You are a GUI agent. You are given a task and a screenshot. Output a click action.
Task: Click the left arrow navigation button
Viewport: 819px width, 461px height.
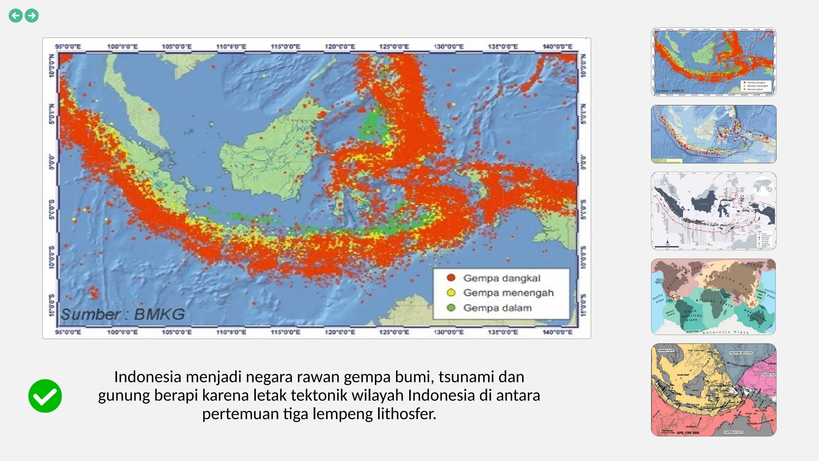tap(16, 16)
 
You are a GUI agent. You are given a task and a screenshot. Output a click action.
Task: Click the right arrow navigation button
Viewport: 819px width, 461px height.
tap(32, 16)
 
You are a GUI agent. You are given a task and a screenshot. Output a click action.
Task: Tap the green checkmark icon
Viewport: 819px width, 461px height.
tap(45, 396)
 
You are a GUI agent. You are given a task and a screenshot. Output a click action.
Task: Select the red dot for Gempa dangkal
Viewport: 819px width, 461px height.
tap(451, 278)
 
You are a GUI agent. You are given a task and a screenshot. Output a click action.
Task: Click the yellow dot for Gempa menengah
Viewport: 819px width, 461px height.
tap(451, 293)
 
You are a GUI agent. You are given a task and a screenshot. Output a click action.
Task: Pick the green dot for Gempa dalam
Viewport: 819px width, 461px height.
tap(451, 308)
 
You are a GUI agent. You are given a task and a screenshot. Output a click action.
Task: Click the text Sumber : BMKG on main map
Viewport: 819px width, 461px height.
tap(123, 314)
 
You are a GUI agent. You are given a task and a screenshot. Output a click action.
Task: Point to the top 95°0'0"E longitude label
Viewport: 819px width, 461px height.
tap(68, 47)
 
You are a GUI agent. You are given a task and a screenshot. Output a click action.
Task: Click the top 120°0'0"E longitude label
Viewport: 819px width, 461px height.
tap(340, 47)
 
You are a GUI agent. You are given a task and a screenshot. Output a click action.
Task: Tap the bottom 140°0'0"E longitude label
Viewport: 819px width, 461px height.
tap(557, 332)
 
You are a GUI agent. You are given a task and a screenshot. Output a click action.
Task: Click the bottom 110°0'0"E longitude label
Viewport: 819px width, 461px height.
tap(231, 332)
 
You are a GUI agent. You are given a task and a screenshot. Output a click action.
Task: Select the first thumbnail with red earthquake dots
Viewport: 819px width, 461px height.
tap(713, 62)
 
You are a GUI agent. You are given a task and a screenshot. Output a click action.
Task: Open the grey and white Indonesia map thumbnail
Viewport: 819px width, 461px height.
tap(713, 211)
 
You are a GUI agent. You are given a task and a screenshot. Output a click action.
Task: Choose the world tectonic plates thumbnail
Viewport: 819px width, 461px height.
tap(713, 297)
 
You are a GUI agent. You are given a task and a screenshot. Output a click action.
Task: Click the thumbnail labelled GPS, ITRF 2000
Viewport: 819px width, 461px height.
tap(713, 390)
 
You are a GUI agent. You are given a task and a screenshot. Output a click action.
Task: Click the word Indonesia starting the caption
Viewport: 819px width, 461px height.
tap(148, 377)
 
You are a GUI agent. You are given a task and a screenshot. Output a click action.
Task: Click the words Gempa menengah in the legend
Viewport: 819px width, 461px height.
tap(508, 293)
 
